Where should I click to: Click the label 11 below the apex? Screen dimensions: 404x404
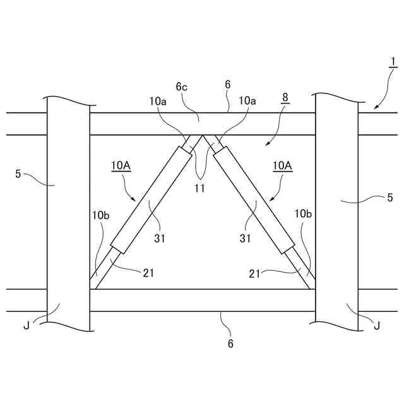[199, 188]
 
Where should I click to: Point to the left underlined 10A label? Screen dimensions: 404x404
[121, 165]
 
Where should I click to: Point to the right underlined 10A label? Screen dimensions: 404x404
[282, 165]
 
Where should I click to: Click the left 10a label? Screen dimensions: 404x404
[158, 100]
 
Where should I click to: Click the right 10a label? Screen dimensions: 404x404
[247, 100]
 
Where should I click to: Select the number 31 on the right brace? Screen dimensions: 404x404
[246, 239]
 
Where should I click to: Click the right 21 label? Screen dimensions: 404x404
[255, 272]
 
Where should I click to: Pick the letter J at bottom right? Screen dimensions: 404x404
[377, 325]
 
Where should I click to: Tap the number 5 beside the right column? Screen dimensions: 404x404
[390, 198]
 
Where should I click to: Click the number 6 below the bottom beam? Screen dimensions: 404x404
[230, 343]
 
